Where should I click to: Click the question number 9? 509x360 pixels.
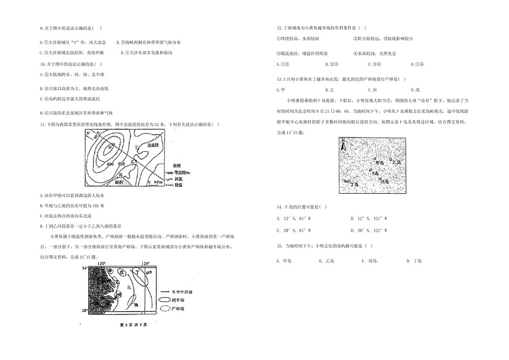coord(40,28)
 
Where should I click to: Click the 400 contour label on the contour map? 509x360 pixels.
coord(111,163)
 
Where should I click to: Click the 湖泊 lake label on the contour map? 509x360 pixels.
coord(119,182)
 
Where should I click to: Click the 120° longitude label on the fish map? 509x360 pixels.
coord(101,263)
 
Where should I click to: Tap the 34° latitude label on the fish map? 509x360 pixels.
coord(84,268)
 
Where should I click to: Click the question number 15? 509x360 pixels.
coord(280,245)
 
